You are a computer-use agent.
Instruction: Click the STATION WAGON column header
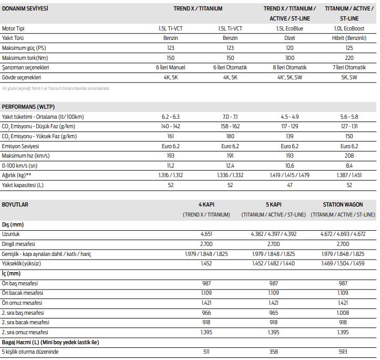(x=342, y=204)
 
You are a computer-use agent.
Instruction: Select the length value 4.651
(x=207, y=234)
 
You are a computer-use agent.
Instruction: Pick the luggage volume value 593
(x=342, y=352)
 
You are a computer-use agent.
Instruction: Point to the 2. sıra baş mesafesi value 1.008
(x=342, y=313)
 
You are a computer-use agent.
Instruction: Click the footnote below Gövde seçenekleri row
(x=56, y=88)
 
